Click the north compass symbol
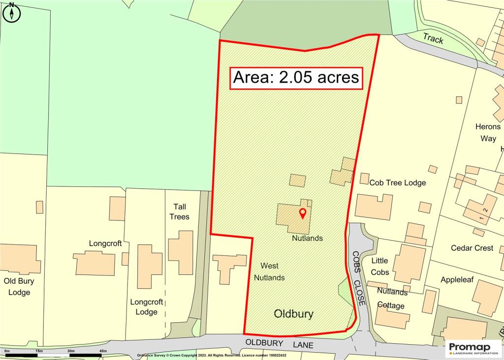click(x=12, y=12)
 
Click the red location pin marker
click(x=303, y=213)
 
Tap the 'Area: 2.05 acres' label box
click(x=296, y=78)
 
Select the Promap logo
click(x=473, y=349)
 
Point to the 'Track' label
click(x=433, y=39)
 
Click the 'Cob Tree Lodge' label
click(x=398, y=183)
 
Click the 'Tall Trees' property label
click(x=179, y=211)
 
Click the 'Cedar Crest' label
click(x=472, y=248)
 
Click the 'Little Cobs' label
click(x=379, y=266)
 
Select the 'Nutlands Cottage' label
click(x=391, y=299)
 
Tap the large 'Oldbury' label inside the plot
click(x=293, y=314)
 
